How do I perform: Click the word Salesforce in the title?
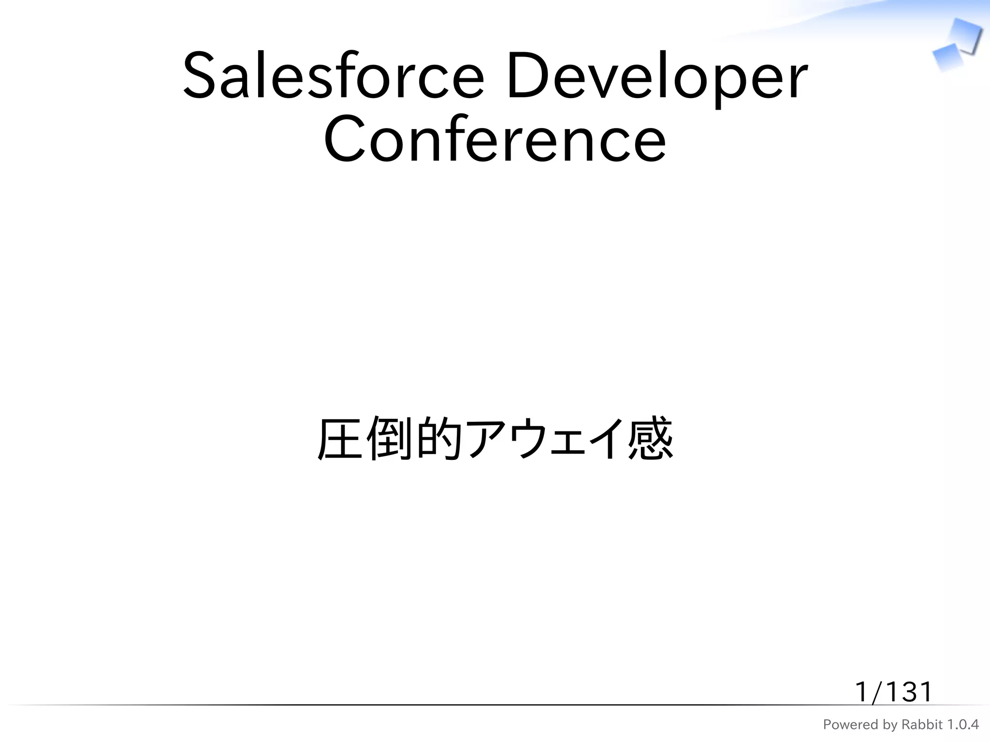click(x=333, y=76)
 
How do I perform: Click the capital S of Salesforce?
click(x=199, y=76)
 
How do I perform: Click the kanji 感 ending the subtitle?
click(x=650, y=439)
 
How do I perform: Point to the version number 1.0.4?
click(x=962, y=725)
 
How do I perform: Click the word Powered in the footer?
click(x=844, y=725)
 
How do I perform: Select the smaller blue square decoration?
click(x=947, y=57)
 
